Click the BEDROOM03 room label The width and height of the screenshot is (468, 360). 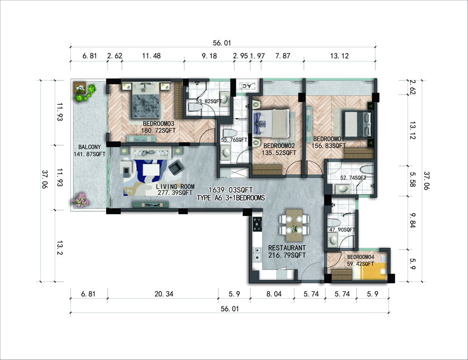(158, 123)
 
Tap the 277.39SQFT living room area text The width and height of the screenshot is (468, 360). (175, 193)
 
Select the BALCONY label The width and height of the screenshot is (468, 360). (89, 147)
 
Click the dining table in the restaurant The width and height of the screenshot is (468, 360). (294, 225)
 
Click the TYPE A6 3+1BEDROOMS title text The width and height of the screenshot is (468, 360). (231, 198)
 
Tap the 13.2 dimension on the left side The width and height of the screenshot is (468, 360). (60, 248)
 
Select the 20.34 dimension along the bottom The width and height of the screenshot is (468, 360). (164, 294)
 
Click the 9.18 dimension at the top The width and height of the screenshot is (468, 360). (209, 56)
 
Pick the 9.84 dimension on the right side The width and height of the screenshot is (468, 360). (412, 220)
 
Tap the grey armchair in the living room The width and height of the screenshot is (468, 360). (176, 167)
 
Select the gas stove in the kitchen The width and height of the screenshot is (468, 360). (257, 224)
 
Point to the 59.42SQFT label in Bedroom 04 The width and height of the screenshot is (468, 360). (360, 264)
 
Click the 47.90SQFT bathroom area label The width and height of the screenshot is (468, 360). (342, 230)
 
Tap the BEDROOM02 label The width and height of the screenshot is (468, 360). (279, 146)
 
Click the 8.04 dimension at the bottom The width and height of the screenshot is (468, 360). (274, 294)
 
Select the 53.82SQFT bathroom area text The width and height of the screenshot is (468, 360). (209, 101)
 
